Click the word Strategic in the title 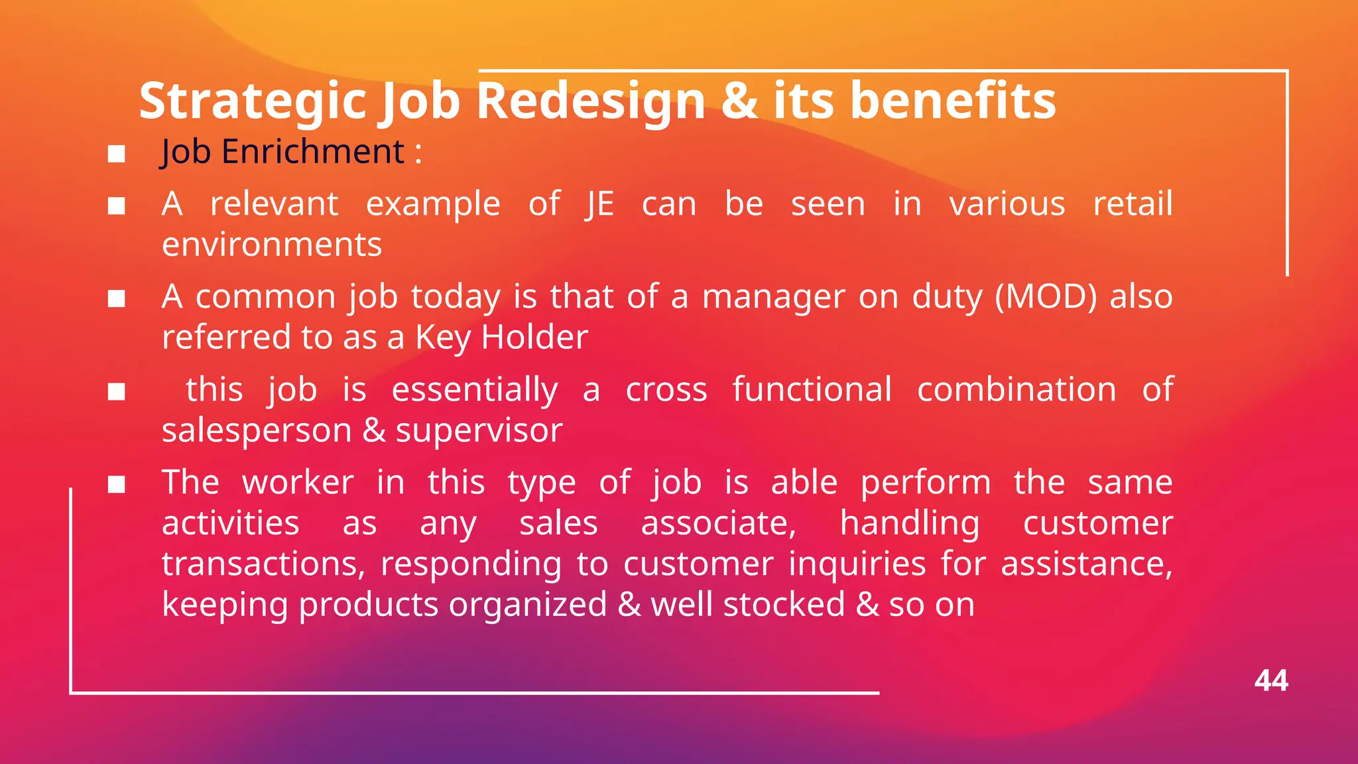pyautogui.click(x=252, y=101)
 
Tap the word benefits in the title pyautogui.click(x=953, y=101)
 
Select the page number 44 pyautogui.click(x=1270, y=681)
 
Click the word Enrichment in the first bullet pyautogui.click(x=312, y=151)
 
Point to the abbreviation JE pyautogui.click(x=599, y=204)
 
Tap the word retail pyautogui.click(x=1133, y=204)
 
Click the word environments pyautogui.click(x=272, y=245)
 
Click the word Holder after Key pyautogui.click(x=534, y=338)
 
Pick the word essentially pyautogui.click(x=475, y=389)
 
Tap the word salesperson pyautogui.click(x=257, y=430)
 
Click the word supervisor pyautogui.click(x=479, y=430)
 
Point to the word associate pyautogui.click(x=718, y=523)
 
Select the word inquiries pyautogui.click(x=857, y=564)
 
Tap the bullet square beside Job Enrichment pyautogui.click(x=117, y=154)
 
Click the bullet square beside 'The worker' pyautogui.click(x=117, y=485)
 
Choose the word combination pyautogui.click(x=1017, y=389)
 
